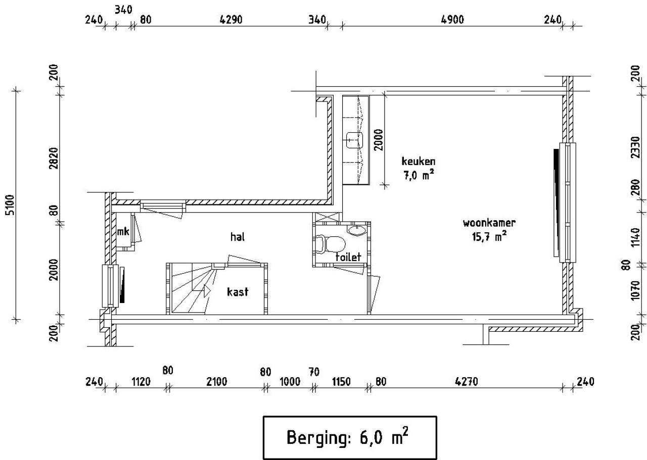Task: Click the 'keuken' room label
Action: pyautogui.click(x=418, y=161)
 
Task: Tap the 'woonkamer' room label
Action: pyautogui.click(x=489, y=223)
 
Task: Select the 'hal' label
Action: pyautogui.click(x=238, y=237)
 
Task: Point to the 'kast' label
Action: pyautogui.click(x=238, y=292)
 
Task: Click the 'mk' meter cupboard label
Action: pyautogui.click(x=123, y=231)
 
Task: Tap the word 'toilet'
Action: pyautogui.click(x=348, y=257)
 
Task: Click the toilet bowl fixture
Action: pyautogui.click(x=330, y=244)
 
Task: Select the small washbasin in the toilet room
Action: pyautogui.click(x=357, y=230)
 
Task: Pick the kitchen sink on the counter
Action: pyautogui.click(x=354, y=140)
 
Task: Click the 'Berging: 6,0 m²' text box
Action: pyautogui.click(x=350, y=437)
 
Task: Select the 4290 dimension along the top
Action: pyautogui.click(x=231, y=20)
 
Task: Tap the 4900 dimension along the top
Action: pyautogui.click(x=452, y=20)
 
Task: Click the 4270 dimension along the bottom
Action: pyautogui.click(x=466, y=382)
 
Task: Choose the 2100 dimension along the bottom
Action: pyautogui.click(x=216, y=382)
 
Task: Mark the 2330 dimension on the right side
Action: pyautogui.click(x=635, y=147)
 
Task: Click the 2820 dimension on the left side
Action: pyautogui.click(x=54, y=158)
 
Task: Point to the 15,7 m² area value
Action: pyautogui.click(x=489, y=237)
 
